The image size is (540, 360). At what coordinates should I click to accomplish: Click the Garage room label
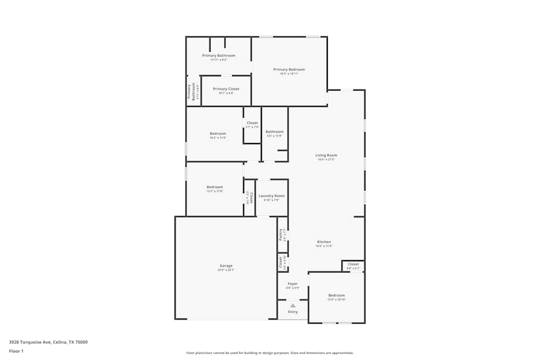[x=226, y=266]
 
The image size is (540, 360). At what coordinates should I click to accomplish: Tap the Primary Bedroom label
[x=289, y=69]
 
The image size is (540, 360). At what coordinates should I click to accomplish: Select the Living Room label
[x=326, y=155]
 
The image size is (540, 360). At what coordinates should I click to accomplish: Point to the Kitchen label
[x=324, y=242]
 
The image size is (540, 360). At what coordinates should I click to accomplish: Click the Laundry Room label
[x=271, y=196]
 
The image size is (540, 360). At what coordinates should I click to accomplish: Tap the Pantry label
[x=281, y=235]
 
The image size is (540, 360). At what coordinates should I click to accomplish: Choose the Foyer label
[x=293, y=283]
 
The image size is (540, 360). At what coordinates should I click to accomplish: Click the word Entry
[x=293, y=311]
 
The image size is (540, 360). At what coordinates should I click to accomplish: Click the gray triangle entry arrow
[x=293, y=305]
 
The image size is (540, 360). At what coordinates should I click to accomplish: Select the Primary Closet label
[x=226, y=89]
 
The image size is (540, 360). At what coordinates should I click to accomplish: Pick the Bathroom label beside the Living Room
[x=274, y=132]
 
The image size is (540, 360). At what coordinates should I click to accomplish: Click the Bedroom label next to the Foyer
[x=336, y=295]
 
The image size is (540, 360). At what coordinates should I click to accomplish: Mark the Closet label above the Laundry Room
[x=252, y=123]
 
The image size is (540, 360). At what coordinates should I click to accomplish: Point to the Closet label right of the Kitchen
[x=353, y=264]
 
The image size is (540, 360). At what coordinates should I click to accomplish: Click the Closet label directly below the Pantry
[x=280, y=262]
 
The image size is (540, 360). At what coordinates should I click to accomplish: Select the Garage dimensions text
[x=226, y=270]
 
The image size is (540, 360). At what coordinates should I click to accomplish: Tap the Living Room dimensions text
[x=326, y=159]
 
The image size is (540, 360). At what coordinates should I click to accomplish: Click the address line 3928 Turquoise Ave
[x=48, y=342]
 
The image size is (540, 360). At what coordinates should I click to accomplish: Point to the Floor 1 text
[x=16, y=351]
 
